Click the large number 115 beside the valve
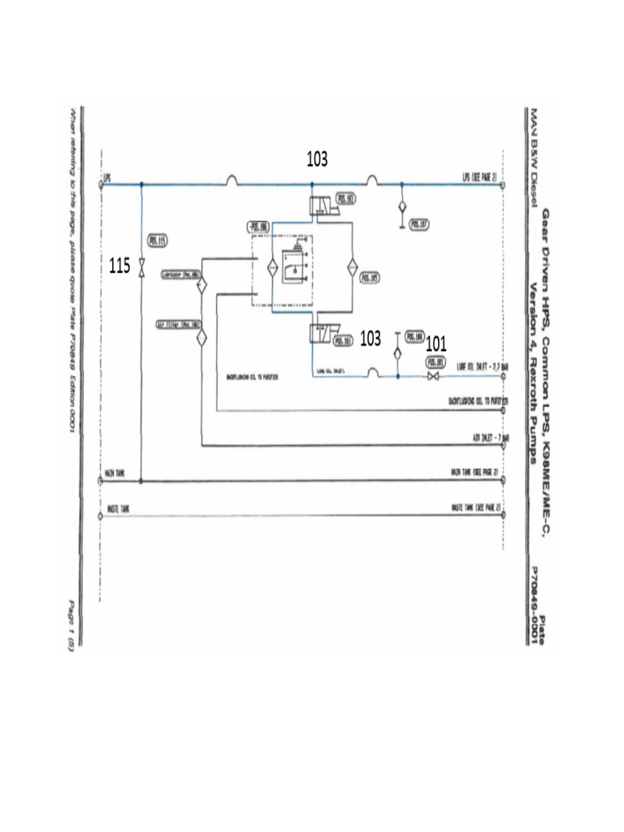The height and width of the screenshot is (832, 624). (119, 266)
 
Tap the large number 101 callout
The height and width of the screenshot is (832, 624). (436, 344)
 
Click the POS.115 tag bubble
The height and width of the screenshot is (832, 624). (158, 240)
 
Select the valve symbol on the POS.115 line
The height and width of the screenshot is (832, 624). (141, 267)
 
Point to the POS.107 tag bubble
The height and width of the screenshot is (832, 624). (420, 224)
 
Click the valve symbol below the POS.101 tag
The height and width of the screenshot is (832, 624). (434, 377)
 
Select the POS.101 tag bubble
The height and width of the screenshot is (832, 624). (435, 362)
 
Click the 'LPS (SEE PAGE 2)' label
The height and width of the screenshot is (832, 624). (479, 176)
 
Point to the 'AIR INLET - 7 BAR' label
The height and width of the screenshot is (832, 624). (490, 438)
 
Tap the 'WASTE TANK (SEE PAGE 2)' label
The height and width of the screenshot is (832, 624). (476, 508)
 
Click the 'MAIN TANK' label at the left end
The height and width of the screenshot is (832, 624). (114, 472)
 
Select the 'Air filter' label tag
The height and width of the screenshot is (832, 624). (178, 324)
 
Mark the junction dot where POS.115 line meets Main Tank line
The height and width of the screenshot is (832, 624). (141, 481)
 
